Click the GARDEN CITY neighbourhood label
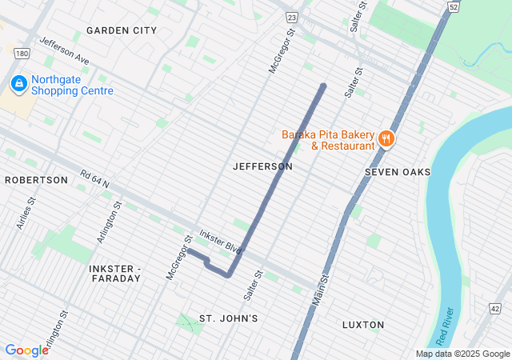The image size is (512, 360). tap(122, 30)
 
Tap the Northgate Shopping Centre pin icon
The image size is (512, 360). tap(18, 83)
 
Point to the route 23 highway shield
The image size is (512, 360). tap(291, 17)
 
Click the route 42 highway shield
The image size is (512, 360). tap(495, 308)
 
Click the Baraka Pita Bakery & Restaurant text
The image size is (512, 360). tap(328, 140)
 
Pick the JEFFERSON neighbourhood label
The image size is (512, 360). tap(262, 166)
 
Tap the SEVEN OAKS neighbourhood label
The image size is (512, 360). tap(398, 172)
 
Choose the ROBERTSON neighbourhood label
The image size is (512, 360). tap(36, 180)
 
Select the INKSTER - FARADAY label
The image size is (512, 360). tap(115, 273)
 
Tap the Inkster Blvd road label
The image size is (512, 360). tap(222, 240)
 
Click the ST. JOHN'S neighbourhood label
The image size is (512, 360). tap(228, 318)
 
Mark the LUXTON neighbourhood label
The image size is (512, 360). tap(362, 325)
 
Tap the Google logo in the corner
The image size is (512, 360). tap(26, 350)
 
